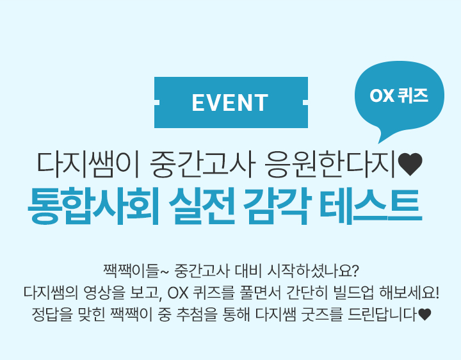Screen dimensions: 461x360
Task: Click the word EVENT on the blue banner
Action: [x=230, y=102]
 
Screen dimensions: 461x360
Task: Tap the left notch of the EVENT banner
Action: [x=157, y=102]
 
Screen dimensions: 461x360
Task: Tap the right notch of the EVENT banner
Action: [x=305, y=102]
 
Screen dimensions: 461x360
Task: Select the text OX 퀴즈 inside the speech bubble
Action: [x=399, y=95]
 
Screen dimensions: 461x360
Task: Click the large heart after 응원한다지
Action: [x=410, y=165]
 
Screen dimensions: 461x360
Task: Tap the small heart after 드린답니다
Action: [x=425, y=315]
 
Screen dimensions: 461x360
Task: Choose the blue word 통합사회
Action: [x=93, y=206]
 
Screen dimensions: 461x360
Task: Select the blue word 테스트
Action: [x=371, y=206]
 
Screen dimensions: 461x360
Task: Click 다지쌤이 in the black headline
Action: [x=88, y=165]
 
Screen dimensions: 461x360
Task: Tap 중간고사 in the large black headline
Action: [x=201, y=165]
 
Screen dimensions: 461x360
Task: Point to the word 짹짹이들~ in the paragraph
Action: [x=136, y=271]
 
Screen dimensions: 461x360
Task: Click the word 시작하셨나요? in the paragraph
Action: [x=313, y=271]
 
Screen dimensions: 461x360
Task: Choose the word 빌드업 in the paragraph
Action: [x=353, y=293]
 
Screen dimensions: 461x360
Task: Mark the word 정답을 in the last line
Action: [x=52, y=315]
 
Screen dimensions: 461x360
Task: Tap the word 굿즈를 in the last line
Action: [x=322, y=315]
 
